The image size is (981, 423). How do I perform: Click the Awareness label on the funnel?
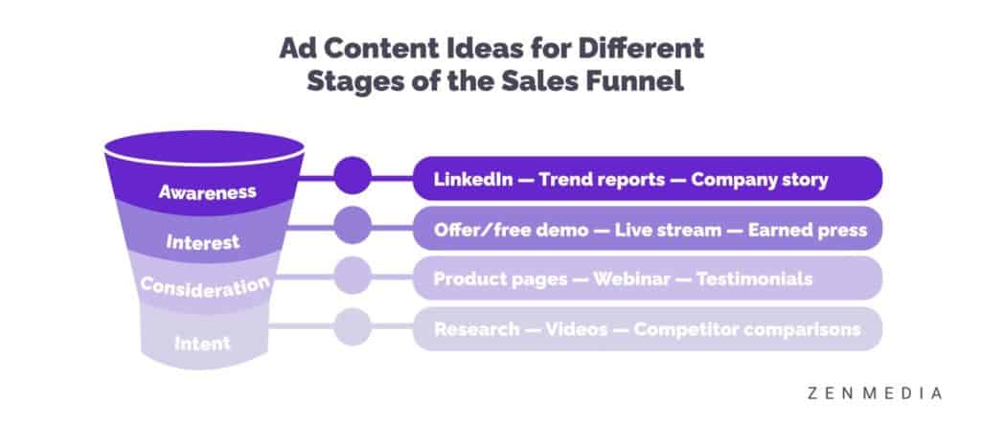click(207, 191)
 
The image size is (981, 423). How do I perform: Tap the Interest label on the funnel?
click(203, 242)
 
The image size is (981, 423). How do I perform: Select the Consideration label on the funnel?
click(205, 287)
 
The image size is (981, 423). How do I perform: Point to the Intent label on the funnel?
click(202, 343)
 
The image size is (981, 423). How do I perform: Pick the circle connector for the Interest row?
click(353, 225)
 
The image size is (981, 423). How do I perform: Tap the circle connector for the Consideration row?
click(353, 275)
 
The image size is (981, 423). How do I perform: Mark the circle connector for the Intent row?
click(353, 326)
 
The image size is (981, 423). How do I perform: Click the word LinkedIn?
click(473, 180)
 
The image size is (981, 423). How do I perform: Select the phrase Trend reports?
click(602, 180)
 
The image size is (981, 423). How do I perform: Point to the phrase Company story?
click(760, 180)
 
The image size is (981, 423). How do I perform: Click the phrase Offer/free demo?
click(512, 230)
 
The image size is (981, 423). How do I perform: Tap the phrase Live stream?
click(668, 230)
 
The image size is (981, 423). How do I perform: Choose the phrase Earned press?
click(808, 230)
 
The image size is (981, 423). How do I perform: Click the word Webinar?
click(631, 278)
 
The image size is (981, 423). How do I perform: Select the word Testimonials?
click(755, 278)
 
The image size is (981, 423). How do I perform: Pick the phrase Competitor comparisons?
click(747, 329)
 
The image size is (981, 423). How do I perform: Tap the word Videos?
click(576, 329)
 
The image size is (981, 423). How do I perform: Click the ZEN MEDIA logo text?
click(874, 393)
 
